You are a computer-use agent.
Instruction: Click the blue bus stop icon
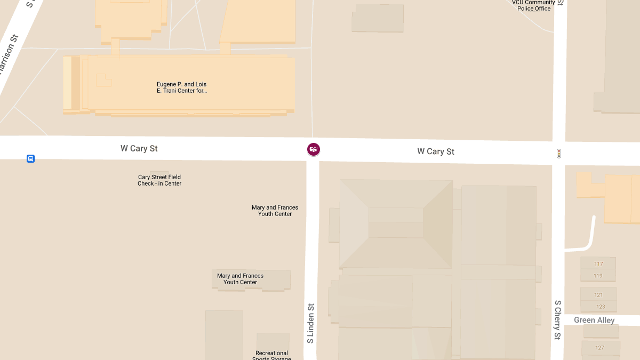coord(31,158)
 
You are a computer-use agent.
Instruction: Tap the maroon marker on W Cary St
coord(314,149)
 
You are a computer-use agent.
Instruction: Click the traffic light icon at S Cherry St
coord(558,154)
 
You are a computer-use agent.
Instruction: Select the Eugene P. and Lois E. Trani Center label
coord(181,87)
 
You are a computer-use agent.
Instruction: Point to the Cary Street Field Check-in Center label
coord(159,180)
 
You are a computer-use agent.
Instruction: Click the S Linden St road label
coord(310,323)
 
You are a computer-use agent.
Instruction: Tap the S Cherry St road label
coord(557,320)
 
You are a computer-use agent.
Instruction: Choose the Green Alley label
coord(594,320)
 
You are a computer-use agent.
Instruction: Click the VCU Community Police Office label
coord(533,5)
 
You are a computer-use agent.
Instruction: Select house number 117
coord(598,264)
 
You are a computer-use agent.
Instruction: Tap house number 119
coord(598,276)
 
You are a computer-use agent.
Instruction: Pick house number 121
coord(598,295)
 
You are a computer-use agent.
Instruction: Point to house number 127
coord(599,348)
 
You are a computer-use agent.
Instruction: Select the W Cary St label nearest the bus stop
coord(139,148)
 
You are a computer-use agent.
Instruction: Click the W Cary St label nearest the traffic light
coord(436,151)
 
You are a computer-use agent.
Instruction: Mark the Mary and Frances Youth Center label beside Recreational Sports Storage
coord(240,279)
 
